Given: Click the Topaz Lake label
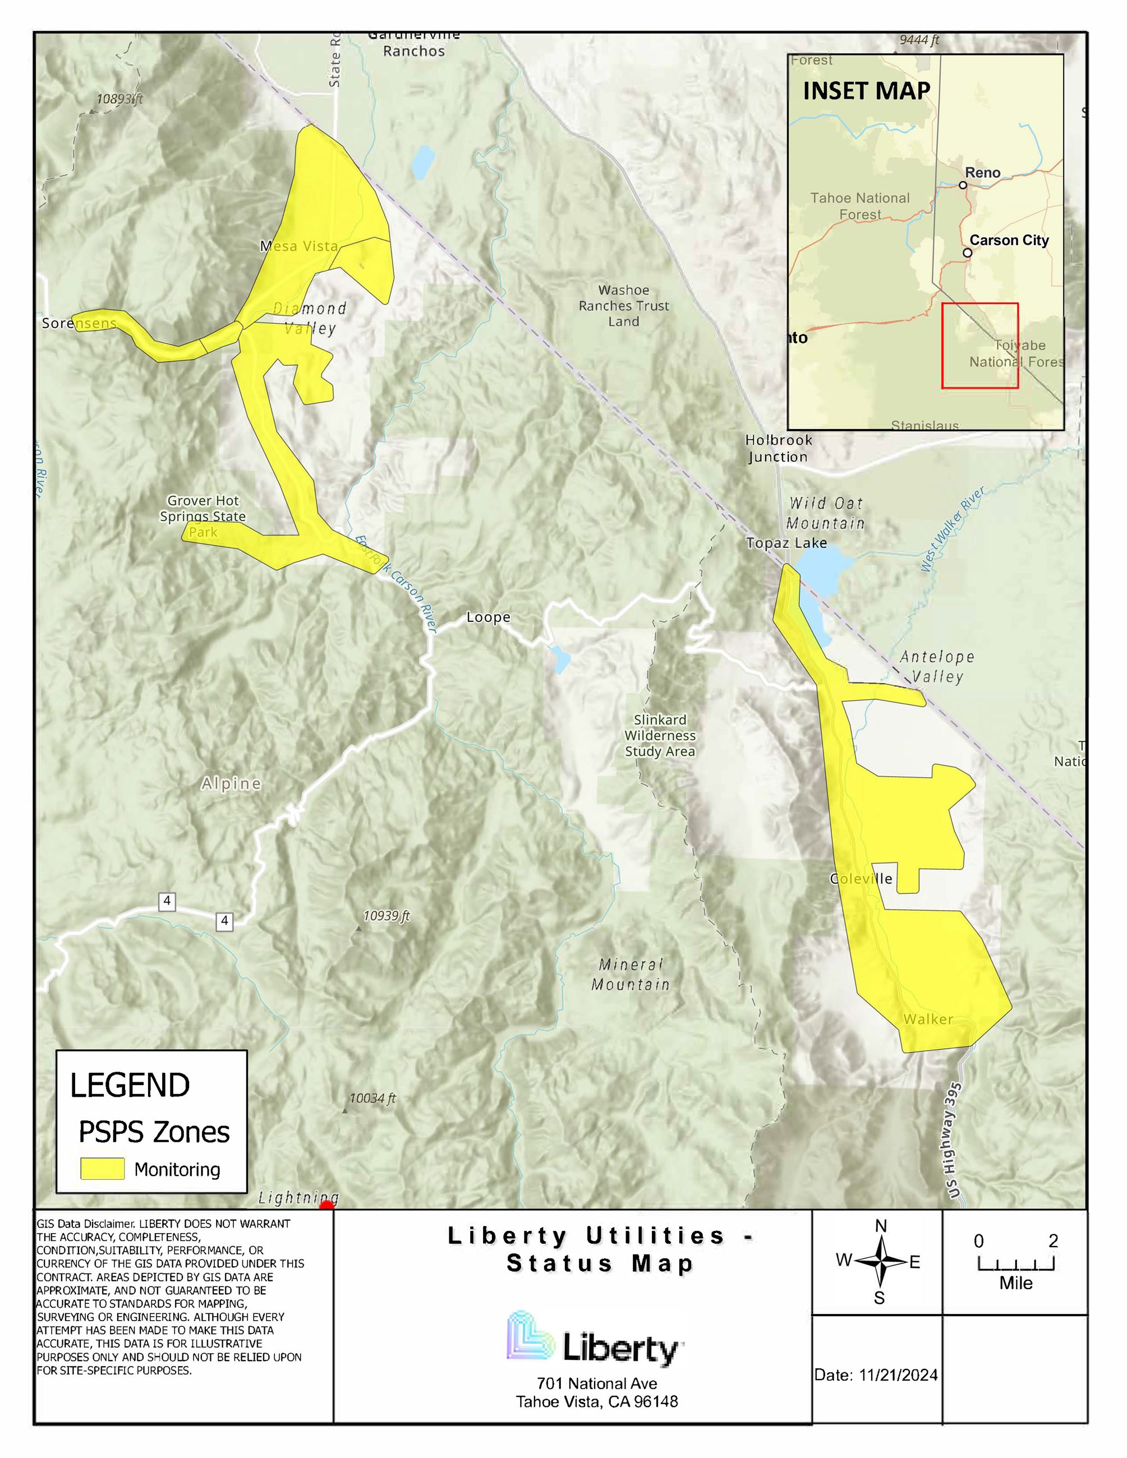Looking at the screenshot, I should pos(786,543).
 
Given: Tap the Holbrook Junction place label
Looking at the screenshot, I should pos(778,448).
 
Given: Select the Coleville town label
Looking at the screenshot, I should pos(861,879).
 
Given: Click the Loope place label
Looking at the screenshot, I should pos(488,617).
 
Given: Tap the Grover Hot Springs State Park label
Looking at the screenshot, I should pos(203,516).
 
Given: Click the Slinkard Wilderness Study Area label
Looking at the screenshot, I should pos(660,735).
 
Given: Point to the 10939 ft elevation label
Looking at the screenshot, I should pos(386,916).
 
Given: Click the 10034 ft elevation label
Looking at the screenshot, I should pos(372,1098).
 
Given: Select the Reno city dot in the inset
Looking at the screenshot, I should pos(963,185).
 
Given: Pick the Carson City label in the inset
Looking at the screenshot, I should pos(1008,241).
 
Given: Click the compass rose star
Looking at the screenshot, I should pos(880,1261).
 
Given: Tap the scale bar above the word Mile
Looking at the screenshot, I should pos(1015,1264).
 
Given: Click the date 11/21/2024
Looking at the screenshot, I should pos(898,1375).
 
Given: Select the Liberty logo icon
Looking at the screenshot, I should pos(531,1335).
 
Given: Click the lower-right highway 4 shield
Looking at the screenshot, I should pos(224,921).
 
